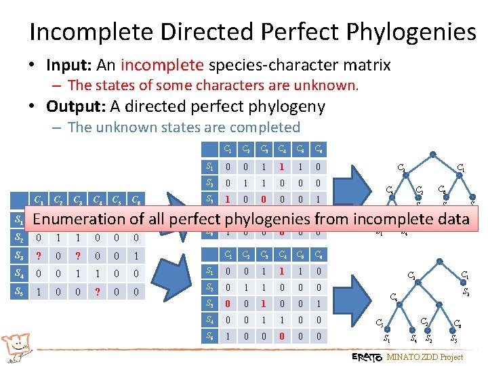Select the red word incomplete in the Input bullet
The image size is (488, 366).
point(161,65)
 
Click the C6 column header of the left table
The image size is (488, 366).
point(138,200)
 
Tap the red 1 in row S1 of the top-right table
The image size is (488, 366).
point(279,166)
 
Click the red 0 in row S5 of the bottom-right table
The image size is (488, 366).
point(279,335)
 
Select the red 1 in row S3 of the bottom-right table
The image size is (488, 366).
point(261,303)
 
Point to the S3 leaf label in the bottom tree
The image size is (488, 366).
point(466,292)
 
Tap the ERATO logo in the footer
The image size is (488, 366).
point(367,357)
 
